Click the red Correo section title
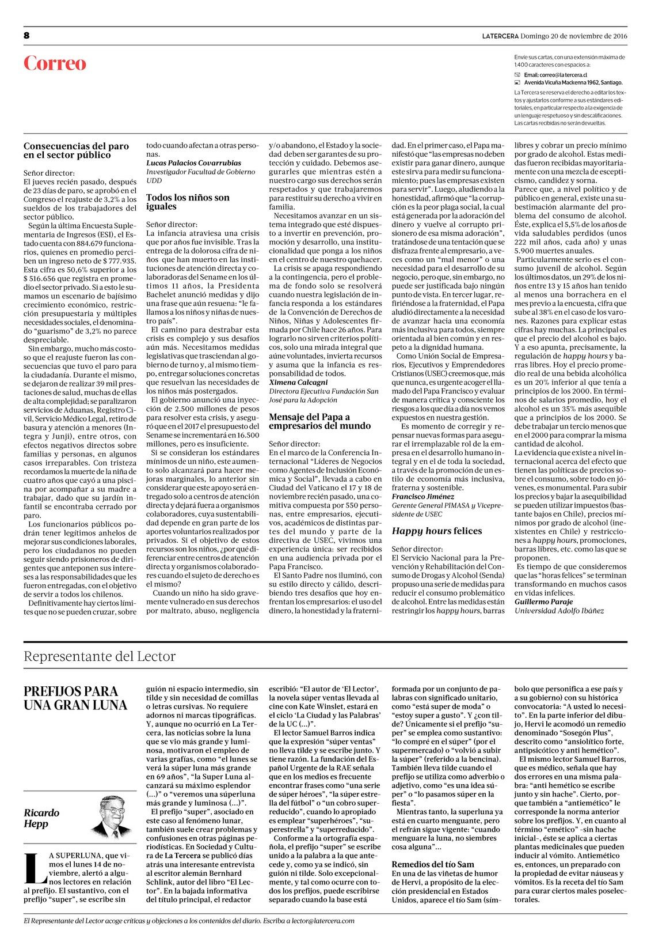point(55,63)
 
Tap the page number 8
point(26,36)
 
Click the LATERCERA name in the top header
point(500,36)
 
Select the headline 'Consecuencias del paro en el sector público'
point(76,150)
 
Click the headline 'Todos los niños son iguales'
point(188,202)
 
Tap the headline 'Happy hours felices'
point(437,531)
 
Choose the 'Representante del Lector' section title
point(100,656)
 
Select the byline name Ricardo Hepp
point(41,818)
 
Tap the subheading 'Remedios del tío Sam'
point(433,864)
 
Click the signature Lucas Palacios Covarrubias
point(193,163)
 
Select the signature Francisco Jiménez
point(422,496)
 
